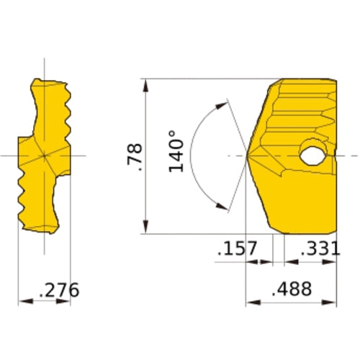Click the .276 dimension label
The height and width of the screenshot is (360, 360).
coord(59,290)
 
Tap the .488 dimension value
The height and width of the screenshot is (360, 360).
coord(292,289)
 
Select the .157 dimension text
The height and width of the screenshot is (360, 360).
coord(237,248)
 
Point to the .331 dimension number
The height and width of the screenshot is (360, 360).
coord(320,248)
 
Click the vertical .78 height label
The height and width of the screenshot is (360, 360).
coord(135,157)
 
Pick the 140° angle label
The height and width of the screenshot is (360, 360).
coord(176,151)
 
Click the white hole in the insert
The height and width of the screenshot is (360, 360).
coord(312,156)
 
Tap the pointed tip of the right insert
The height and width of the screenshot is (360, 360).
coord(247,156)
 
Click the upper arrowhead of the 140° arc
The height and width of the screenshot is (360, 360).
coord(222,106)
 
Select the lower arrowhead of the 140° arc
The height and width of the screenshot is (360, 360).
coord(222,206)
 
